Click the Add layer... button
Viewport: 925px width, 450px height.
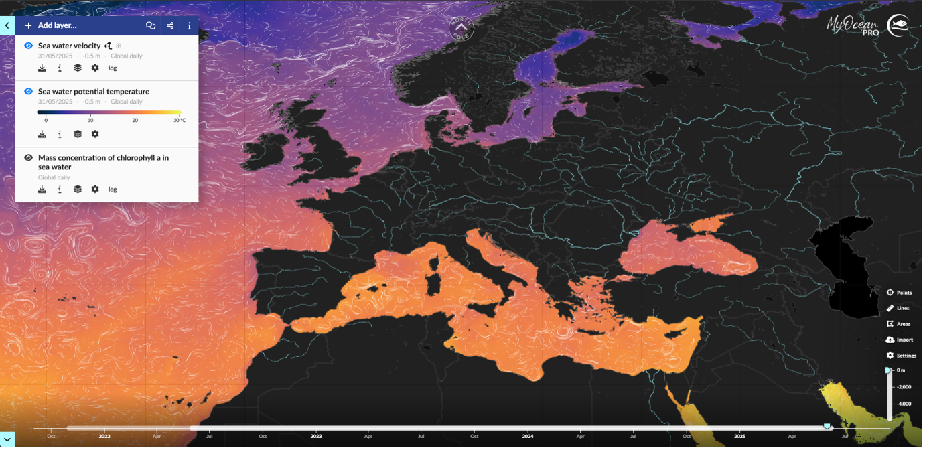pyautogui.click(x=51, y=25)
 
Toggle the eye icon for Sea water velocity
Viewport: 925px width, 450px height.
pyautogui.click(x=28, y=46)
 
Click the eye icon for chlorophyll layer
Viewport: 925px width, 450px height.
pyautogui.click(x=28, y=158)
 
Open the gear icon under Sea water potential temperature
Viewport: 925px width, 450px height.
pyautogui.click(x=95, y=134)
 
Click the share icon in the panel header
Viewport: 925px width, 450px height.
pyautogui.click(x=170, y=25)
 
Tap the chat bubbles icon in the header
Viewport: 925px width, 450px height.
pyautogui.click(x=151, y=25)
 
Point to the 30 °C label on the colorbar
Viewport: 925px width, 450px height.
pyautogui.click(x=178, y=120)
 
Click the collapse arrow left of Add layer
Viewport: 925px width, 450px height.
pyautogui.click(x=7, y=25)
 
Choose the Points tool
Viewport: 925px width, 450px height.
pyautogui.click(x=899, y=293)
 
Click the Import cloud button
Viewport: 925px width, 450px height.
pyautogui.click(x=899, y=340)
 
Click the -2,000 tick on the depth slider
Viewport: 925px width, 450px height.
pyautogui.click(x=904, y=387)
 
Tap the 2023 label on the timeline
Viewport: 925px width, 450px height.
pyautogui.click(x=316, y=436)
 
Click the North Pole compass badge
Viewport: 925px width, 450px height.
pyautogui.click(x=461, y=27)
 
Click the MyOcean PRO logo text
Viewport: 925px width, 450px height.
pyautogui.click(x=853, y=25)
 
